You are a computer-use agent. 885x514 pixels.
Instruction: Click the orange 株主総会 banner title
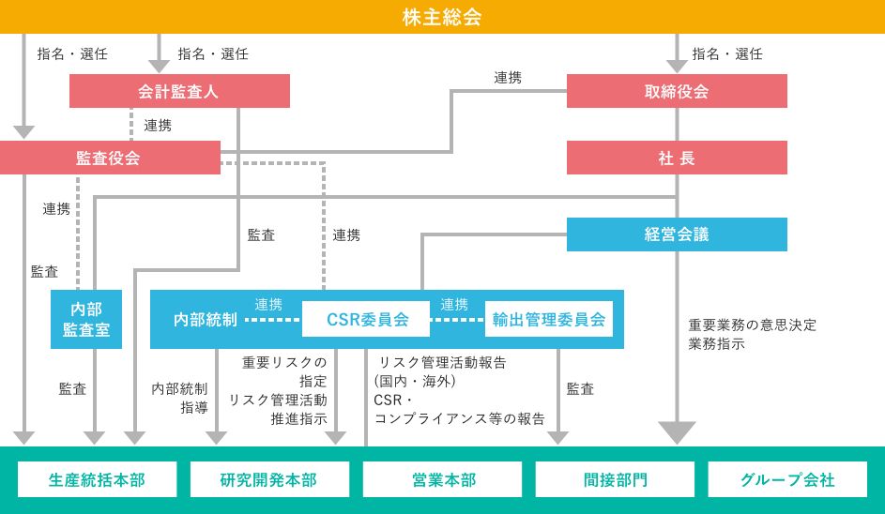(442, 17)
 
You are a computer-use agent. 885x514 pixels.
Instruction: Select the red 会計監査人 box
(179, 91)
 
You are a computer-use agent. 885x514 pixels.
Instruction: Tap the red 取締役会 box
(677, 91)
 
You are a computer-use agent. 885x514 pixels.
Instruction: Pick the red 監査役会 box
(110, 158)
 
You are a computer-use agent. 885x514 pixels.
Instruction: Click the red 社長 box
(677, 158)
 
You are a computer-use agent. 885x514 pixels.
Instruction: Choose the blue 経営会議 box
(677, 234)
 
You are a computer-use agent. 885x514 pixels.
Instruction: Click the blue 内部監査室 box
(86, 319)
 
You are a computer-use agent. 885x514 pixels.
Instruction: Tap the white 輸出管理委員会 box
(549, 319)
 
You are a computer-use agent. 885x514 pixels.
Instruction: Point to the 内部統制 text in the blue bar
(206, 319)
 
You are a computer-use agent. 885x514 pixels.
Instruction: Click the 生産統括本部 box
(97, 479)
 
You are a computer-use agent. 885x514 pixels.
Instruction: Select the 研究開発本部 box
(269, 479)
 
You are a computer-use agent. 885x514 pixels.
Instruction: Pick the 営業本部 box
(442, 479)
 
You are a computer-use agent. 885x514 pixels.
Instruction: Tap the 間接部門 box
(615, 479)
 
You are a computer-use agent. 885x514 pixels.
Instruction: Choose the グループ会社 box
(787, 479)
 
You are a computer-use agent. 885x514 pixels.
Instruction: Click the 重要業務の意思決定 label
(753, 325)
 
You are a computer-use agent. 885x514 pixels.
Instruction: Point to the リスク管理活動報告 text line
(442, 362)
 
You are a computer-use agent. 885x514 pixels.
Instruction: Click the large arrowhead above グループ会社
(677, 432)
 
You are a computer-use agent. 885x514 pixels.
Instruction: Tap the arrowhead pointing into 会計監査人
(159, 66)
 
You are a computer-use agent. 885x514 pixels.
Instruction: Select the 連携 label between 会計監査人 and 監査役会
(158, 126)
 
